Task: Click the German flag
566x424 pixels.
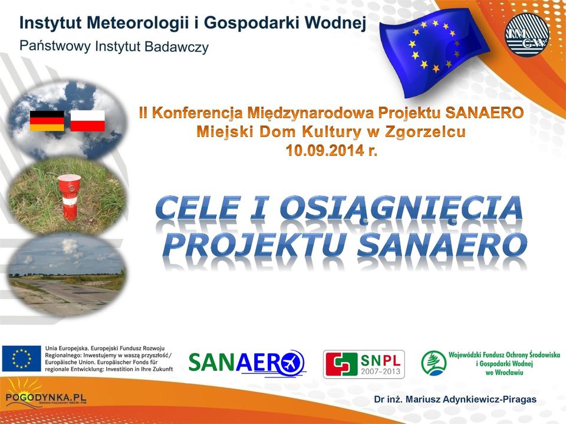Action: [47, 121]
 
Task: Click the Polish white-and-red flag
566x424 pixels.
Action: [87, 121]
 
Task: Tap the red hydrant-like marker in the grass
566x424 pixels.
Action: [69, 197]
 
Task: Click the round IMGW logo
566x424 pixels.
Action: [527, 36]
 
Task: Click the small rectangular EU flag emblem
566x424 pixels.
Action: [21, 359]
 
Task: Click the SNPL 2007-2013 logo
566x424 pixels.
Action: [364, 364]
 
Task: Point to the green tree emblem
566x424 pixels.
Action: [433, 363]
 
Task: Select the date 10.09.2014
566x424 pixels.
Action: [325, 150]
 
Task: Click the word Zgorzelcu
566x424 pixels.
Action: [425, 132]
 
